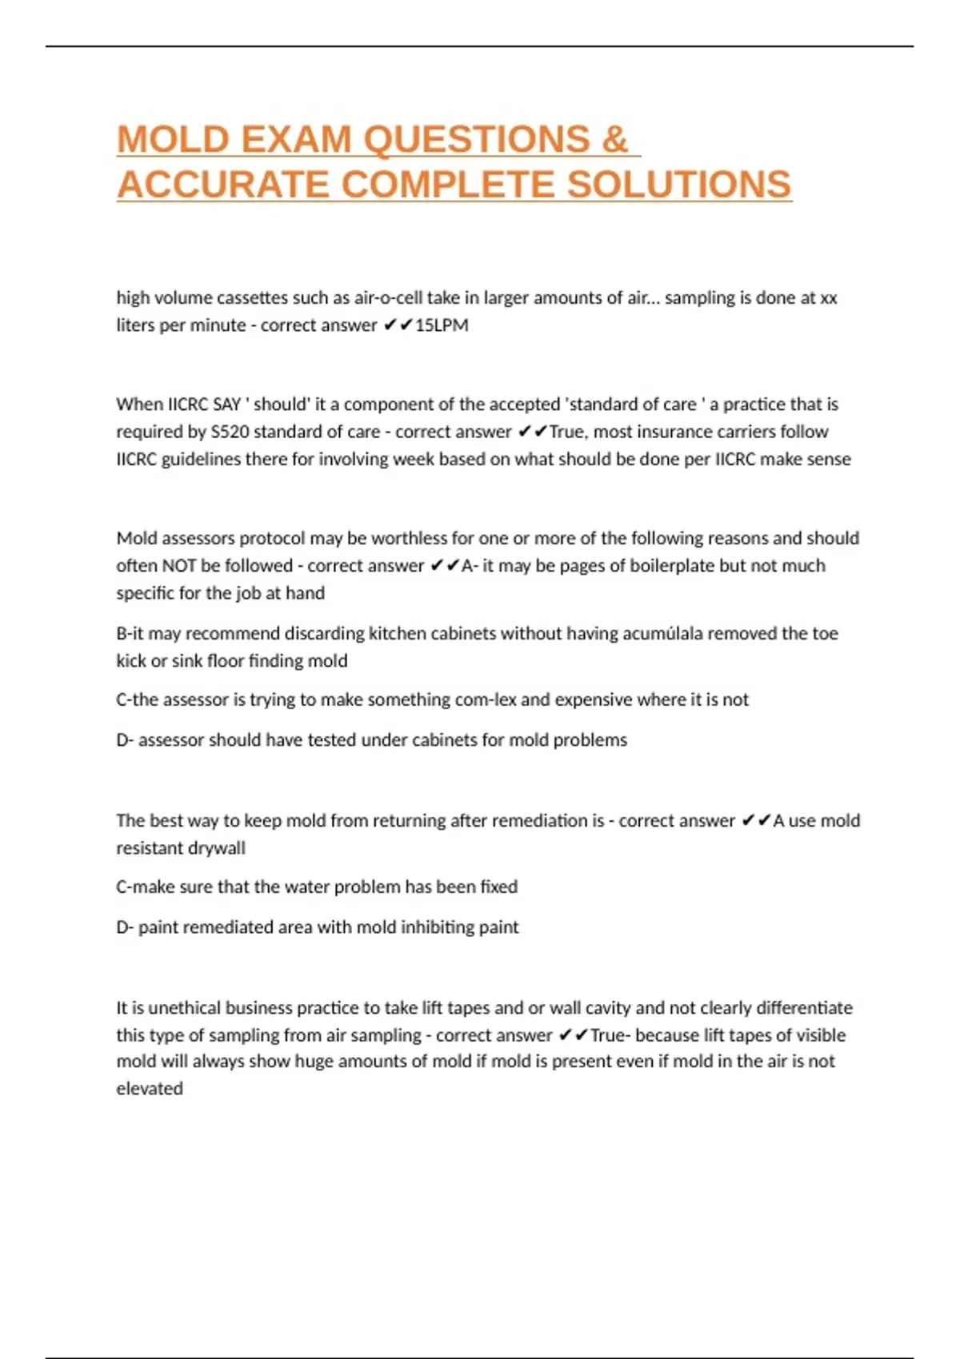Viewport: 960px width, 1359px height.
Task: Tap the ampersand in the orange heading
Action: pyautogui.click(x=614, y=140)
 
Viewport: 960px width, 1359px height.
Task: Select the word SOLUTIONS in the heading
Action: pyautogui.click(x=679, y=185)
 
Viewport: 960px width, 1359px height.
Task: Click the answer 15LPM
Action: pyautogui.click(x=442, y=325)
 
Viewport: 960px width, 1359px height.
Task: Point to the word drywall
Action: pyautogui.click(x=214, y=848)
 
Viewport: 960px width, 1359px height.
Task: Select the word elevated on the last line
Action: pyautogui.click(x=150, y=1089)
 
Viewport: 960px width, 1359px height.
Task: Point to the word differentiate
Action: pyautogui.click(x=804, y=1008)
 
